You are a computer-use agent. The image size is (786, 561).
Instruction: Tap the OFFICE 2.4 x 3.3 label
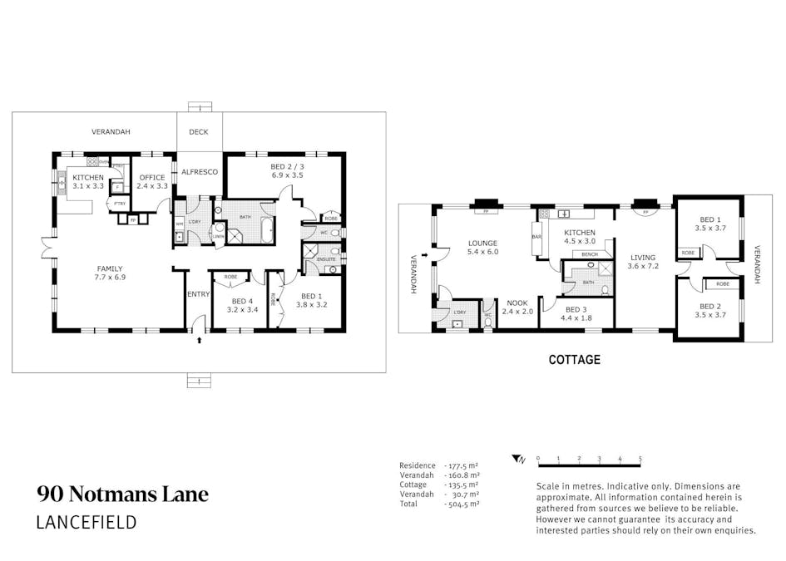coord(152,181)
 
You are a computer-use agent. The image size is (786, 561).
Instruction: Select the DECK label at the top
coord(199,132)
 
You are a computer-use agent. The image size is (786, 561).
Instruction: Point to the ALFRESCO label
coord(200,171)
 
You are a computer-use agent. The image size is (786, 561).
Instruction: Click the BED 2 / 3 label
coord(287,172)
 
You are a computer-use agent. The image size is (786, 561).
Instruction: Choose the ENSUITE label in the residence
coord(326,260)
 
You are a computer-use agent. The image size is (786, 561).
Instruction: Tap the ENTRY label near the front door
coord(198,294)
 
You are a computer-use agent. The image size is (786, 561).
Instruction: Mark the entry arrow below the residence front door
coord(198,339)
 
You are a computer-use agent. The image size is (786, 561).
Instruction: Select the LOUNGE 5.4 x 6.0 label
coord(482,248)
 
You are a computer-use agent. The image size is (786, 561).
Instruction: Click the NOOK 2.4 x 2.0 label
coord(517,308)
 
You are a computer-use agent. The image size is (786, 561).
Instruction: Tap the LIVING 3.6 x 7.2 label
coord(644,262)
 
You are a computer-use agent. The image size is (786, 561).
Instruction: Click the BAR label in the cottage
coord(536,237)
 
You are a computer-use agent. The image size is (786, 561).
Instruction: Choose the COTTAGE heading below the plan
coord(574,360)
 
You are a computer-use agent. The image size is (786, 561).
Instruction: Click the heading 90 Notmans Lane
coord(122,495)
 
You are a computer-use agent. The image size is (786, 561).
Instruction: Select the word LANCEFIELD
coord(87,523)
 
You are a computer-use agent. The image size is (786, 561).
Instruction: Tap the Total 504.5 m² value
coord(464,504)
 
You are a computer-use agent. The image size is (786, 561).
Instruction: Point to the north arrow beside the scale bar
coord(519,458)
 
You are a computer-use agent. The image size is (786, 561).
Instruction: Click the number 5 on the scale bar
coord(640,458)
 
